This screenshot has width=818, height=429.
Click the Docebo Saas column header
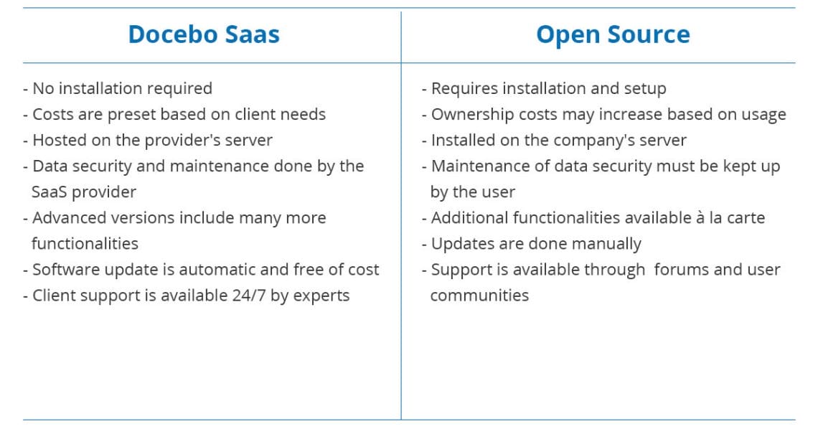[x=204, y=34]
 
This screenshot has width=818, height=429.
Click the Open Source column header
[x=613, y=35]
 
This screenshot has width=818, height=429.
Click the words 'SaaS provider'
[x=83, y=192]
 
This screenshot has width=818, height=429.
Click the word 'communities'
[x=479, y=296]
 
